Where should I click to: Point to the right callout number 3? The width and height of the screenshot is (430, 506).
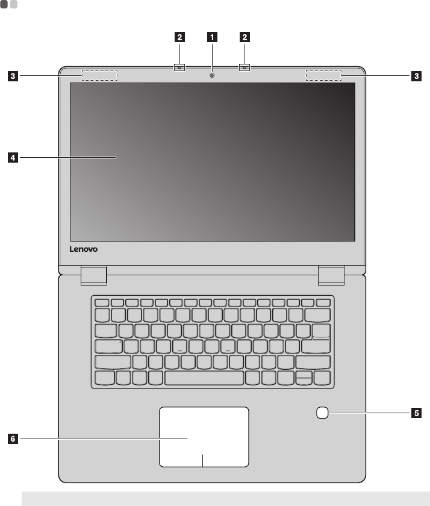tap(416, 77)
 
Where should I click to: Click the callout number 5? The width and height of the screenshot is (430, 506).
tap(416, 413)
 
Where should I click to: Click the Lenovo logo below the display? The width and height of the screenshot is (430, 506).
tap(83, 248)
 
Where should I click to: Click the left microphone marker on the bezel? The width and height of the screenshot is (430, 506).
tap(180, 68)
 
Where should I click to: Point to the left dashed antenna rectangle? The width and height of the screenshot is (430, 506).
tap(100, 76)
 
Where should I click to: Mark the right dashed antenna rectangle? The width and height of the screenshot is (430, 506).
tap(323, 76)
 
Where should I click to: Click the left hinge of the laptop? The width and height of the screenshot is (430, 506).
tap(93, 275)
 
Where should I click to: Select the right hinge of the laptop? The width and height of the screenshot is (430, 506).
tap(331, 275)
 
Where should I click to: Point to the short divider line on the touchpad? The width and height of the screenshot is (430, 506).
tap(204, 460)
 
